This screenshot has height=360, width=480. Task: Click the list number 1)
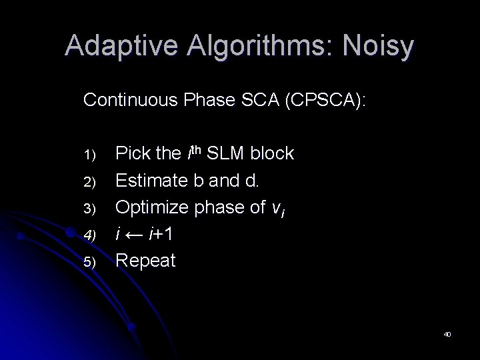click(x=90, y=155)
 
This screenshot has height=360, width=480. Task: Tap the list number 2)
click(x=90, y=182)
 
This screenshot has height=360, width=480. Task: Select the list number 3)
click(x=90, y=209)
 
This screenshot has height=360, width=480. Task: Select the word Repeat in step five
click(x=146, y=261)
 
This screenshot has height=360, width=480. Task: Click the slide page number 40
click(x=447, y=333)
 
